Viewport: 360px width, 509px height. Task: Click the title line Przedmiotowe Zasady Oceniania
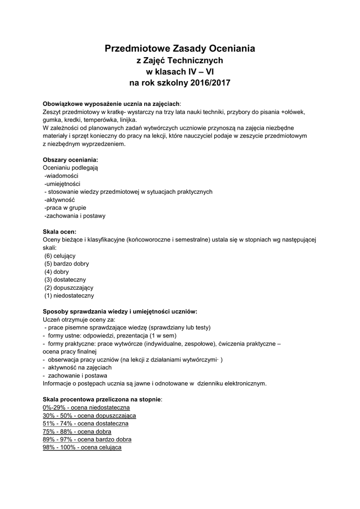(x=180, y=48)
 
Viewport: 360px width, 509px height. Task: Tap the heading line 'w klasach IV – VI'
(x=180, y=72)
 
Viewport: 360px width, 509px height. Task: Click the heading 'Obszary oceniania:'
(x=71, y=160)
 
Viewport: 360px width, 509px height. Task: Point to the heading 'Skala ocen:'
(x=60, y=231)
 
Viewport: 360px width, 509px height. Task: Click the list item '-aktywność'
(x=59, y=199)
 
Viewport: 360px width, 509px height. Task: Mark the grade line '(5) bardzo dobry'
(x=67, y=263)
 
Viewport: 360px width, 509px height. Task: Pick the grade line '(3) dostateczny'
(x=65, y=279)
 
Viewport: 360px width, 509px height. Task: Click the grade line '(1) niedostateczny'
(x=69, y=295)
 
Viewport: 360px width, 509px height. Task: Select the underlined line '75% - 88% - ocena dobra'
(x=77, y=431)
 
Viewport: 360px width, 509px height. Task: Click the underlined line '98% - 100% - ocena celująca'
(x=83, y=447)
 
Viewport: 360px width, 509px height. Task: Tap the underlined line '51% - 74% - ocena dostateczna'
(x=86, y=424)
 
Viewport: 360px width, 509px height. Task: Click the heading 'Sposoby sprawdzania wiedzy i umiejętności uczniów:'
(x=120, y=311)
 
